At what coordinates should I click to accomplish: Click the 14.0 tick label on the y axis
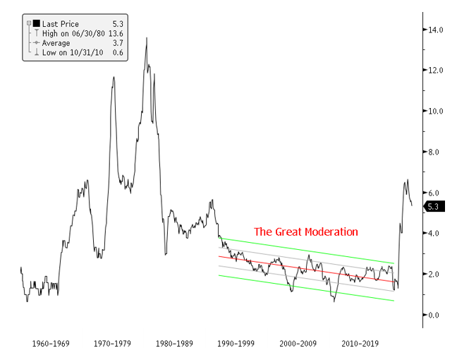(x=434, y=30)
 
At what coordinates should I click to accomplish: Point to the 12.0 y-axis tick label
(x=434, y=71)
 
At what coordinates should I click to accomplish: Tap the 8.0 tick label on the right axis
(x=435, y=152)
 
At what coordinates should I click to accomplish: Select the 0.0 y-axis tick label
(x=435, y=315)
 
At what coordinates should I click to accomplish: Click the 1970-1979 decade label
(x=114, y=344)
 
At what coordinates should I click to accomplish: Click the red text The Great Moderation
(x=306, y=232)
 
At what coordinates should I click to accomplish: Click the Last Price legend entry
(x=63, y=24)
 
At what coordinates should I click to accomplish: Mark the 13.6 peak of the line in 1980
(x=147, y=38)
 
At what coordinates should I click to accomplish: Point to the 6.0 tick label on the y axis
(x=435, y=193)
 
